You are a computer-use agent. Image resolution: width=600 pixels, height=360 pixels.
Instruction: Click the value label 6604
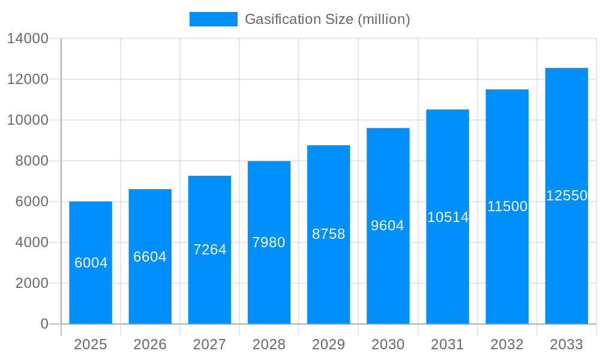pyautogui.click(x=150, y=257)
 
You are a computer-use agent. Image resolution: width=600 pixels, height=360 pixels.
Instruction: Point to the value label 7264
pyautogui.click(x=209, y=250)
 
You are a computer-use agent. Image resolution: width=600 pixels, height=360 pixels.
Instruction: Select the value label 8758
pyautogui.click(x=328, y=234)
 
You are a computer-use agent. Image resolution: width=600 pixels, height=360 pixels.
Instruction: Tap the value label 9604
pyautogui.click(x=388, y=226)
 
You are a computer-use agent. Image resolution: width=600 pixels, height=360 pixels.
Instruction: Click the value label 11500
pyautogui.click(x=507, y=206)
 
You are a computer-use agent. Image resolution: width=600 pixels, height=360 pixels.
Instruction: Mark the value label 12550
pyautogui.click(x=566, y=196)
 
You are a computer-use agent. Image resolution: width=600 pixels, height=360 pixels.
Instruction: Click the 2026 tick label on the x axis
pyautogui.click(x=150, y=344)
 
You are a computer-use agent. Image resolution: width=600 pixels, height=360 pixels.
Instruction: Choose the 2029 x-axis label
pyautogui.click(x=328, y=344)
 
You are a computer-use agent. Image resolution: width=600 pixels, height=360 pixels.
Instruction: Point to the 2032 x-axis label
pyautogui.click(x=507, y=344)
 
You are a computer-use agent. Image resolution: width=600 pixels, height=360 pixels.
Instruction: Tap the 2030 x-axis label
pyautogui.click(x=388, y=344)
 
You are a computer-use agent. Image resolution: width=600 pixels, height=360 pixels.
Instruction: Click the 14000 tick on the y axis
pyautogui.click(x=28, y=38)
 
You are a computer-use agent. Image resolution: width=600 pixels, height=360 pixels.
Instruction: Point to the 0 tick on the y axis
pyautogui.click(x=44, y=324)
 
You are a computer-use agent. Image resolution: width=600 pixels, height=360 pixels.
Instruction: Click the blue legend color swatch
pyautogui.click(x=213, y=19)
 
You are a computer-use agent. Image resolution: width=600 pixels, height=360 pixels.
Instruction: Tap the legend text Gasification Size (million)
pyautogui.click(x=328, y=19)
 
